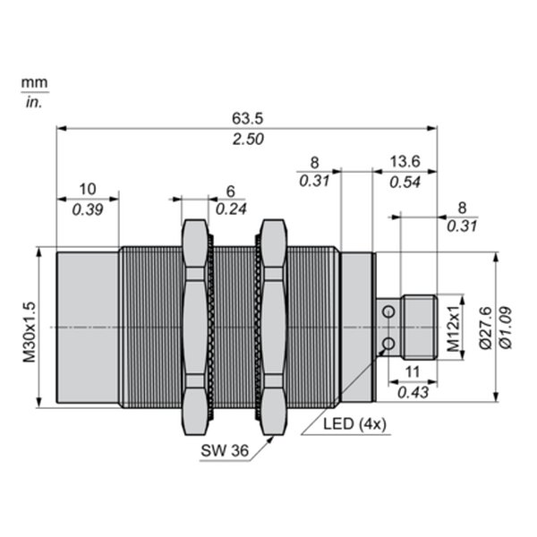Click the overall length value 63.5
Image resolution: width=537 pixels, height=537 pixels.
248,118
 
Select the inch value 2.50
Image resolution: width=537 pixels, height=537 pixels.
248,140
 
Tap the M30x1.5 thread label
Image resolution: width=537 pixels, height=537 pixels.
30,332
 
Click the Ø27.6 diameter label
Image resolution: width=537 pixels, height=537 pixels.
485,328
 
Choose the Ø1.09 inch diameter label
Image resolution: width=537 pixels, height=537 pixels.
506,328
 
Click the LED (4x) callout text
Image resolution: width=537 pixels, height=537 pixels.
354,424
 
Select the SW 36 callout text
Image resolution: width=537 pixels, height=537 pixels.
225,450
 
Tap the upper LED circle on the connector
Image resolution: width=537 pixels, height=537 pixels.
388,311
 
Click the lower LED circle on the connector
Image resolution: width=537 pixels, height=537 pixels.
388,343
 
